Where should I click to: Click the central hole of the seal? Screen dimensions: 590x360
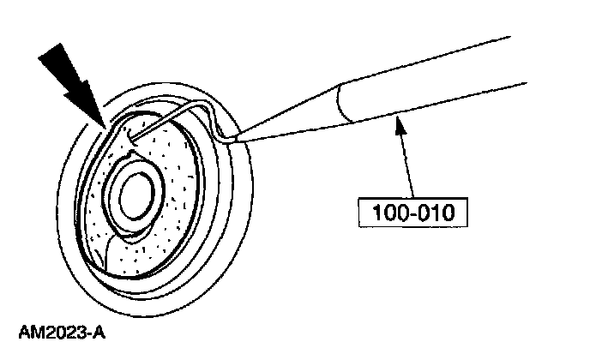[x=136, y=198]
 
